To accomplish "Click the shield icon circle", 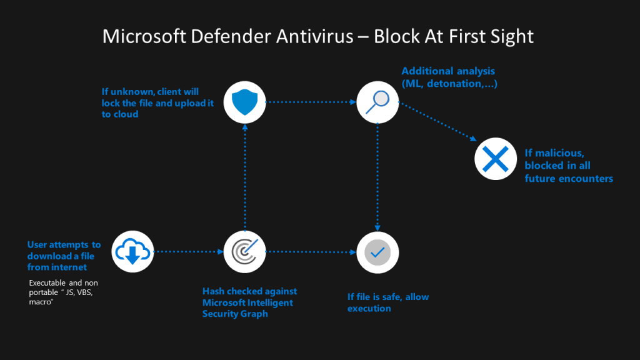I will tap(245, 101).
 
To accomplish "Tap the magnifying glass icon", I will tap(377, 101).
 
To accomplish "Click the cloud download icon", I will tap(133, 252).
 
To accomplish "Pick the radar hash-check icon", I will tap(245, 252).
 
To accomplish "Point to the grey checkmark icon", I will tap(377, 252).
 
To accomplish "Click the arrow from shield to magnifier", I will tap(311, 101).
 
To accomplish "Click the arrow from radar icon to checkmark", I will tap(311, 252).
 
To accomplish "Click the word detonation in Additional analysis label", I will tap(456, 83).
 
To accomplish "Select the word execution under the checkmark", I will tap(369, 309).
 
